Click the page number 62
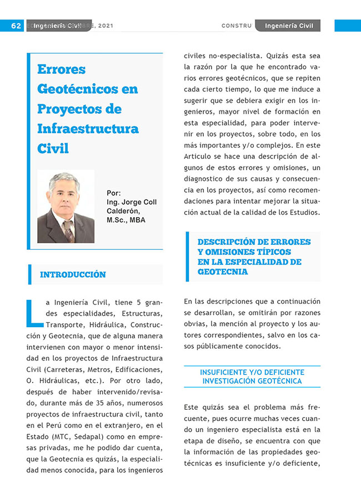tap(16, 26)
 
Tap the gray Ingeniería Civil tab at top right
tap(289, 26)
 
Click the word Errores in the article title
tap(61, 70)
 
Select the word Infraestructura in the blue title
tap(88, 129)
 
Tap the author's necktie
tap(68, 230)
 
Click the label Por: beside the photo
tap(113, 193)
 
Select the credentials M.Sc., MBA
tap(126, 220)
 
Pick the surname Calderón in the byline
tap(123, 211)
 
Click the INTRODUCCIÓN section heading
tap(73, 274)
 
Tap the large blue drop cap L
tap(34, 313)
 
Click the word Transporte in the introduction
tap(64, 324)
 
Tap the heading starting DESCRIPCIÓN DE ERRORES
tap(254, 242)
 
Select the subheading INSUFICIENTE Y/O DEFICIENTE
tap(252, 372)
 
